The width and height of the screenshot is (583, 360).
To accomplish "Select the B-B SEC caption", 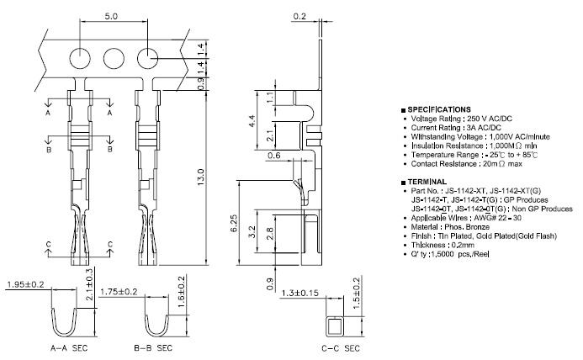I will (x=152, y=347).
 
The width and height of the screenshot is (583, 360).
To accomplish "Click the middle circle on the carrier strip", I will (x=114, y=58).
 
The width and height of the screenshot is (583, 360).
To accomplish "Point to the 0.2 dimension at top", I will (x=300, y=15).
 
